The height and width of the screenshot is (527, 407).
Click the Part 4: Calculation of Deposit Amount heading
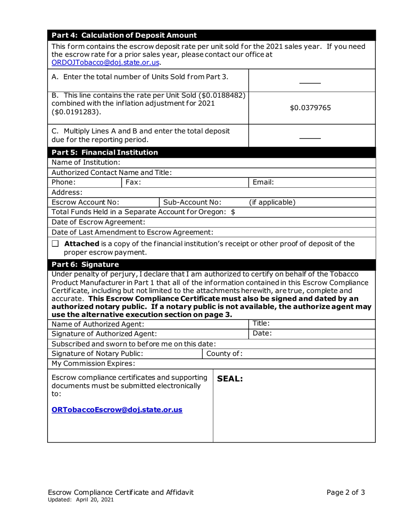pyautogui.click(x=124, y=36)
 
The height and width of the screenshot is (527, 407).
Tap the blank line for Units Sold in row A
pyautogui.click(x=309, y=83)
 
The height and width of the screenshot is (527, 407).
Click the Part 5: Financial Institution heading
pyautogui.click(x=105, y=153)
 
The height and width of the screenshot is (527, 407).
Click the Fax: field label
pyautogui.click(x=133, y=182)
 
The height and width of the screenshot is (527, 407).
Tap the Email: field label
pyautogui.click(x=263, y=182)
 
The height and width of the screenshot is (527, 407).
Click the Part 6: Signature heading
pyautogui.click(x=85, y=264)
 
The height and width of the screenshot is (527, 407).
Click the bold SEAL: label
pyautogui.click(x=230, y=379)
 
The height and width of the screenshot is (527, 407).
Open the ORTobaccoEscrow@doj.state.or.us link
pyautogui.click(x=117, y=410)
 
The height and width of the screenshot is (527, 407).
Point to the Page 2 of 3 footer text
pyautogui.click(x=345, y=492)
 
